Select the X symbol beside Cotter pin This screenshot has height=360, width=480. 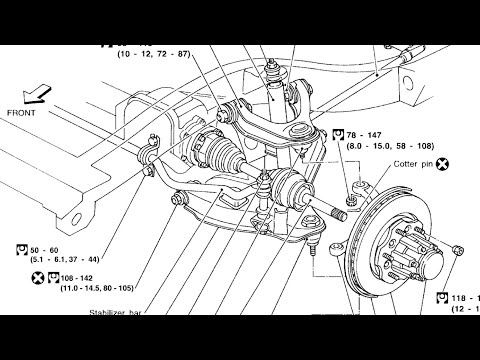pyautogui.click(x=441, y=163)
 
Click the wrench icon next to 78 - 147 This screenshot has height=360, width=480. pyautogui.click(x=339, y=133)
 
